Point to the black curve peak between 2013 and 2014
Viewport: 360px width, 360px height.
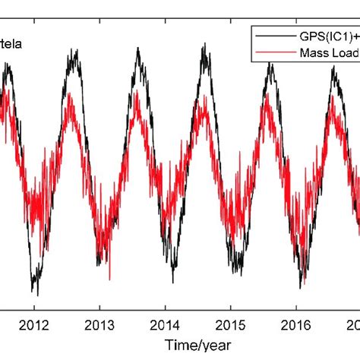click(137, 49)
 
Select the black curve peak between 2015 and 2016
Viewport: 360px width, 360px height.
click(270, 64)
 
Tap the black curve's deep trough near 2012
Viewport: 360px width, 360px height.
click(35, 293)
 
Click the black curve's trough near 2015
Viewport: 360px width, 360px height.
click(238, 273)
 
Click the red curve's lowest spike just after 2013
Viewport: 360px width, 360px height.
click(111, 279)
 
